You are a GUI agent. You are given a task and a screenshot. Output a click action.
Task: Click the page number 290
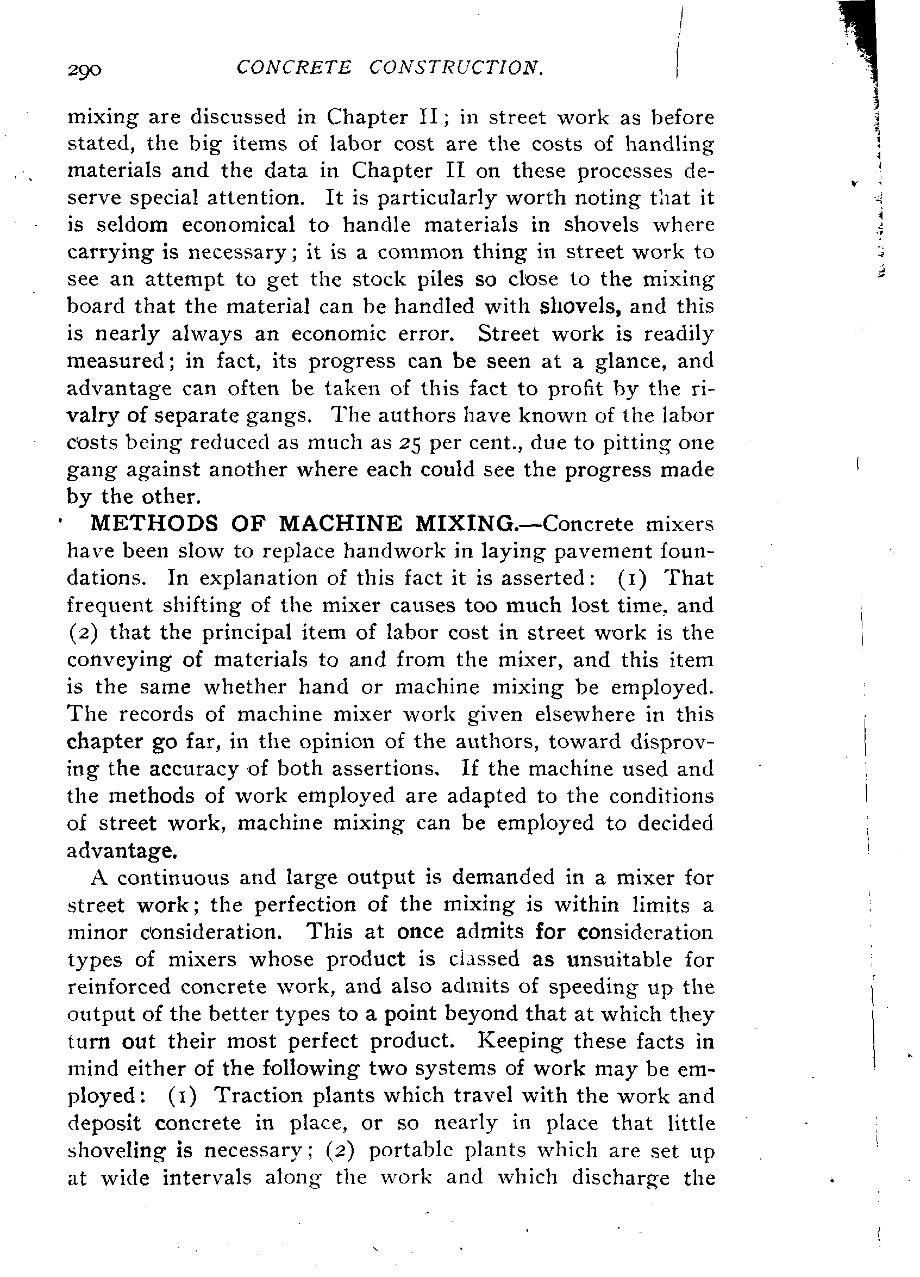[x=84, y=70]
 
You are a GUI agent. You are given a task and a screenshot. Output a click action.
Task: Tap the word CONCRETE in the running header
[x=294, y=67]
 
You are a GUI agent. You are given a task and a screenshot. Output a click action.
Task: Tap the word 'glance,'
[x=624, y=361]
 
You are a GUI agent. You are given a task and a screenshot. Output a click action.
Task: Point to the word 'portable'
[x=410, y=1150]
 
